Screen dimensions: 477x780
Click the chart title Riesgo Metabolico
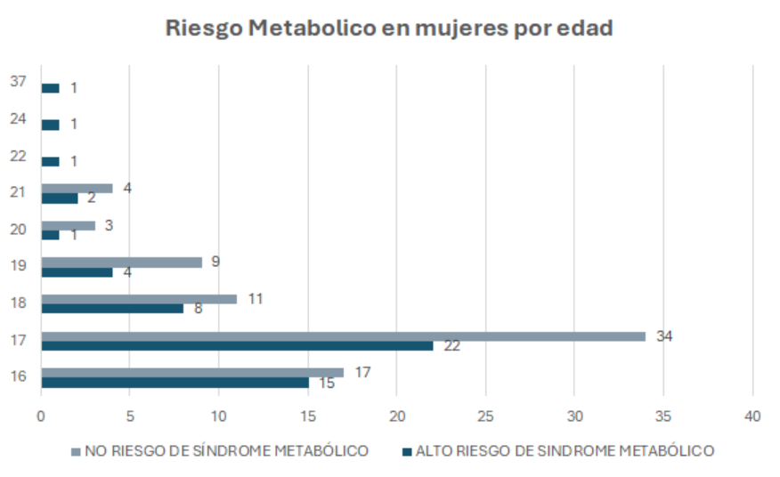(x=389, y=28)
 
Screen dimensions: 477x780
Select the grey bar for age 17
(x=343, y=336)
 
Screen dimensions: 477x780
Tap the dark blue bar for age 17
(x=237, y=345)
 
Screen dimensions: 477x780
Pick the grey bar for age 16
(x=191, y=372)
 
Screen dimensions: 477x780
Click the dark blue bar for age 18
(x=112, y=309)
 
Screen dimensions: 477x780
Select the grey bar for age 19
(x=121, y=263)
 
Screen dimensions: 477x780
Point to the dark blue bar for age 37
(x=50, y=88)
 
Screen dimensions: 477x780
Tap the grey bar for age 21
(x=77, y=188)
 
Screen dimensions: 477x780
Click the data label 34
(x=664, y=336)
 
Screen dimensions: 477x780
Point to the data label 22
(x=451, y=346)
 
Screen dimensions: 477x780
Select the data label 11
(x=255, y=298)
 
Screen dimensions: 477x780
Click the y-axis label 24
(x=18, y=118)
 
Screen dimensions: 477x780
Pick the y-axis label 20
(x=18, y=229)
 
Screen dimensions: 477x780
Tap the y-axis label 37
(x=18, y=82)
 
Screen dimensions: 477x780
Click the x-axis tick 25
(x=486, y=416)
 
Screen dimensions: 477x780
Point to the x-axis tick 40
(x=753, y=416)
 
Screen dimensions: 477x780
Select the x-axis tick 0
(x=41, y=416)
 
